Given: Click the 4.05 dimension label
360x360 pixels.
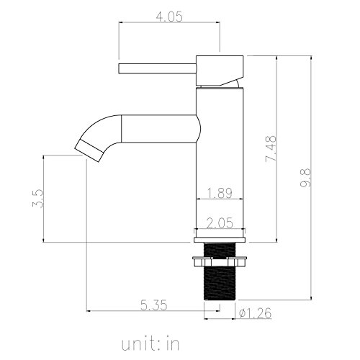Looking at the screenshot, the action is click(169, 17).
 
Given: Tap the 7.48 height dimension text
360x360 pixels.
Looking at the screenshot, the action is click(271, 148).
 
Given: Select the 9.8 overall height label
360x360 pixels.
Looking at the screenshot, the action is click(305, 178).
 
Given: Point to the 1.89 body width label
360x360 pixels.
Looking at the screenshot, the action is click(220, 193).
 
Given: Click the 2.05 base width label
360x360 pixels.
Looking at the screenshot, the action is click(220, 223).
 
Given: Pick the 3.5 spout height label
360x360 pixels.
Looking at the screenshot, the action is click(38, 198).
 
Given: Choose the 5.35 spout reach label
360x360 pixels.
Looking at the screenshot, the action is click(153, 305).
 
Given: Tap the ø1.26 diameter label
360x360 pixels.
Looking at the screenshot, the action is click(256, 313).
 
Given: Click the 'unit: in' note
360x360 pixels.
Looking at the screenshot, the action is click(150, 343).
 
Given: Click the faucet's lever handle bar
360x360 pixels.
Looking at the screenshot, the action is click(158, 68).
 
